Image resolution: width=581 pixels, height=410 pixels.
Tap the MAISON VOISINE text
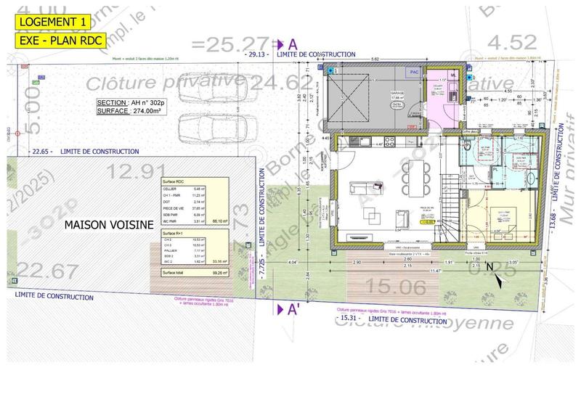[x=109, y=225]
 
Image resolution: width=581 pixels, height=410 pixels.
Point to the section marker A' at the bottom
[x=292, y=310]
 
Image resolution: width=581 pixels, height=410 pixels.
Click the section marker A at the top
[x=292, y=44]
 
